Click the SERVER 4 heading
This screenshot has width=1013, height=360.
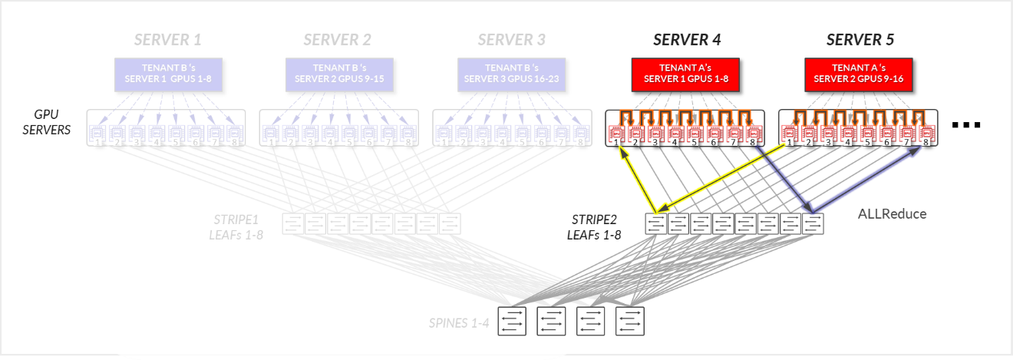tap(686, 40)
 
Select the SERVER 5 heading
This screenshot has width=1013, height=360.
tap(860, 40)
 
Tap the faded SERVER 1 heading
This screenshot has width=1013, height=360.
tap(167, 40)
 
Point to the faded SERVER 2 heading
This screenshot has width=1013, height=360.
tap(337, 40)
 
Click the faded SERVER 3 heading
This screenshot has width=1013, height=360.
tap(511, 40)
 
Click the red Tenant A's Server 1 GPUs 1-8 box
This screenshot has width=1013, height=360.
tap(685, 73)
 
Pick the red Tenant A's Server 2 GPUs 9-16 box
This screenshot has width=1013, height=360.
tap(858, 73)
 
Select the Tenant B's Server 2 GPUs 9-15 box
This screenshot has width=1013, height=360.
tap(338, 73)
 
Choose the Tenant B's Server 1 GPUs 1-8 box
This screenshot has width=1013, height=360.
tap(167, 73)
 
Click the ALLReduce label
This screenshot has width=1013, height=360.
tap(892, 214)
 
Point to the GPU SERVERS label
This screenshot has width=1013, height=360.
tap(47, 122)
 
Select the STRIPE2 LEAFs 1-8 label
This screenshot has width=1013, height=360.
tap(592, 227)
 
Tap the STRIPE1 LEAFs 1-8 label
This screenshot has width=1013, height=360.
tap(236, 227)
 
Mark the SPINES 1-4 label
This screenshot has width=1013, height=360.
tap(458, 322)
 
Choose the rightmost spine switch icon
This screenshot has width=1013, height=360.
tap(629, 320)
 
